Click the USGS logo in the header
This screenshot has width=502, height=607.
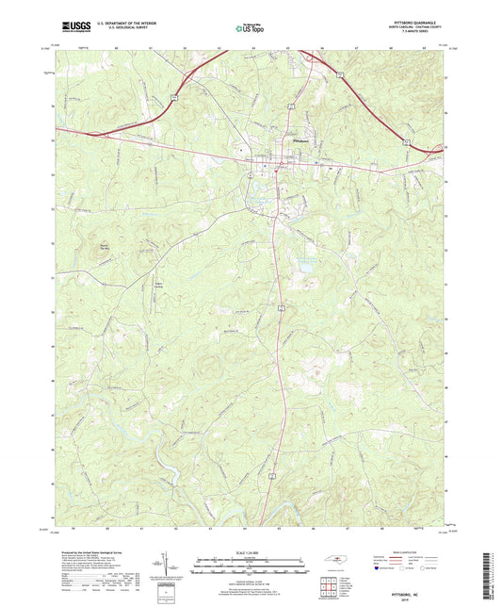71,26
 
